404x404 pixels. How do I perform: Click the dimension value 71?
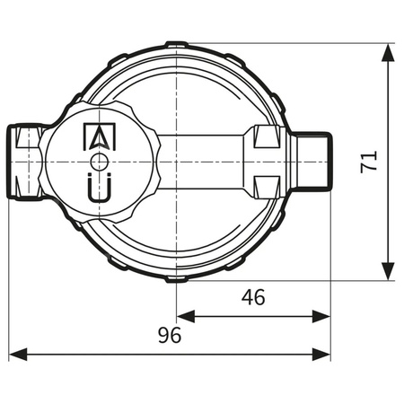pos(368,162)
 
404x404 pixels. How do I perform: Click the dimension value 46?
pos(254,297)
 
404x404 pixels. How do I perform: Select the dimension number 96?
pos(169,336)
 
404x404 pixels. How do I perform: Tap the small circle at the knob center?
pos(101,162)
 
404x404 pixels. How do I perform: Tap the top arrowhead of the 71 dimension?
pos(388,52)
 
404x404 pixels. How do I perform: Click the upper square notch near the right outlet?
pos(266,137)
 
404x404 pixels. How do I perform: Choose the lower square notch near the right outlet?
pos(266,185)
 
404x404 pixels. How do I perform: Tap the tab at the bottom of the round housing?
pos(177,279)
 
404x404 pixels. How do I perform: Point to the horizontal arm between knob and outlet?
pos(202,162)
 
